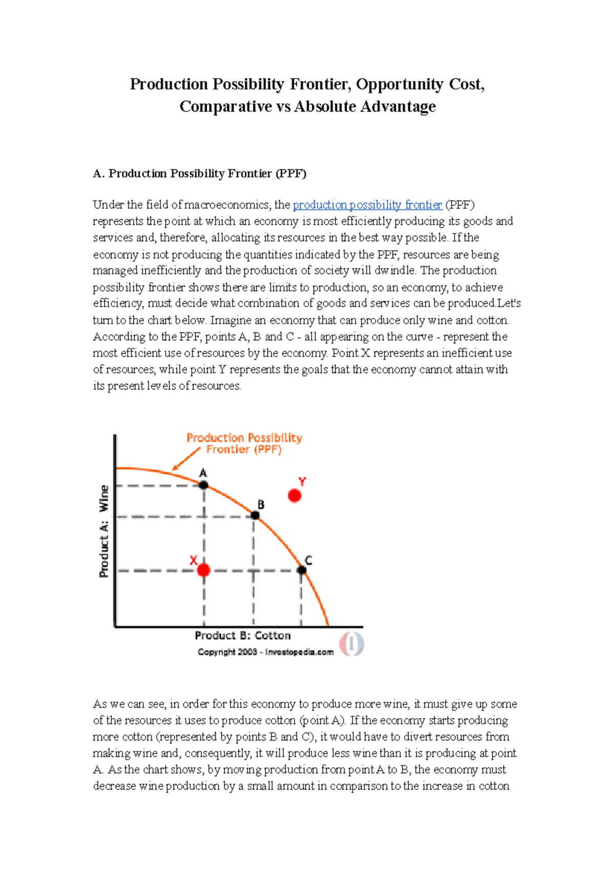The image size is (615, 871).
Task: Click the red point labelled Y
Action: click(294, 496)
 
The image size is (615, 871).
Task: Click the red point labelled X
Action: click(204, 570)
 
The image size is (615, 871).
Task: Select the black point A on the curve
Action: click(203, 485)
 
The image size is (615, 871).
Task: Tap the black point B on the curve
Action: click(255, 516)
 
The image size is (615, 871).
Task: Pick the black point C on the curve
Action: click(302, 570)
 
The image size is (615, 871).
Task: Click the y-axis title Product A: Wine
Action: click(104, 531)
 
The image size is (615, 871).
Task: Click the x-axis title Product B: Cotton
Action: click(242, 636)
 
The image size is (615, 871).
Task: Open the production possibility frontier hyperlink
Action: click(367, 205)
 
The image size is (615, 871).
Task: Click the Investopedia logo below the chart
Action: click(352, 644)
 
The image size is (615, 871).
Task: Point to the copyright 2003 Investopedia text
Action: click(265, 652)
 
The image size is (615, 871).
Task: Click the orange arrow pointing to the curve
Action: click(186, 459)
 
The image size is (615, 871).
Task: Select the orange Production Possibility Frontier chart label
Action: click(244, 443)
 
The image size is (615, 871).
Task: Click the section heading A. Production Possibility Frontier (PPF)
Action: click(199, 173)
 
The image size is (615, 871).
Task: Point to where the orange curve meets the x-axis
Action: click(328, 626)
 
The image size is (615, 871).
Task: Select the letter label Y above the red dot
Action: click(302, 482)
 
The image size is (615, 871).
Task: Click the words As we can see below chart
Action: click(129, 704)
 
